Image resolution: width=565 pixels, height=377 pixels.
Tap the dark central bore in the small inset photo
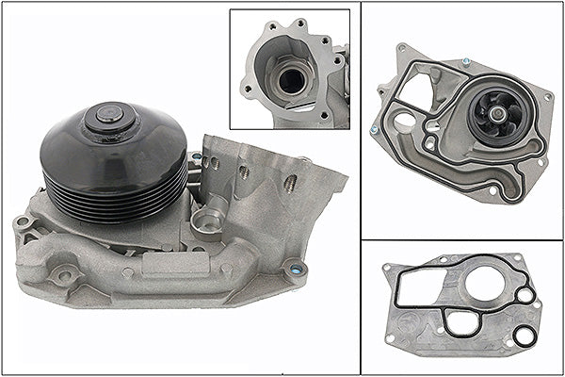click(293, 80)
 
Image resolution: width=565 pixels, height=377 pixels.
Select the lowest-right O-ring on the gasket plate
click(525, 334)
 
